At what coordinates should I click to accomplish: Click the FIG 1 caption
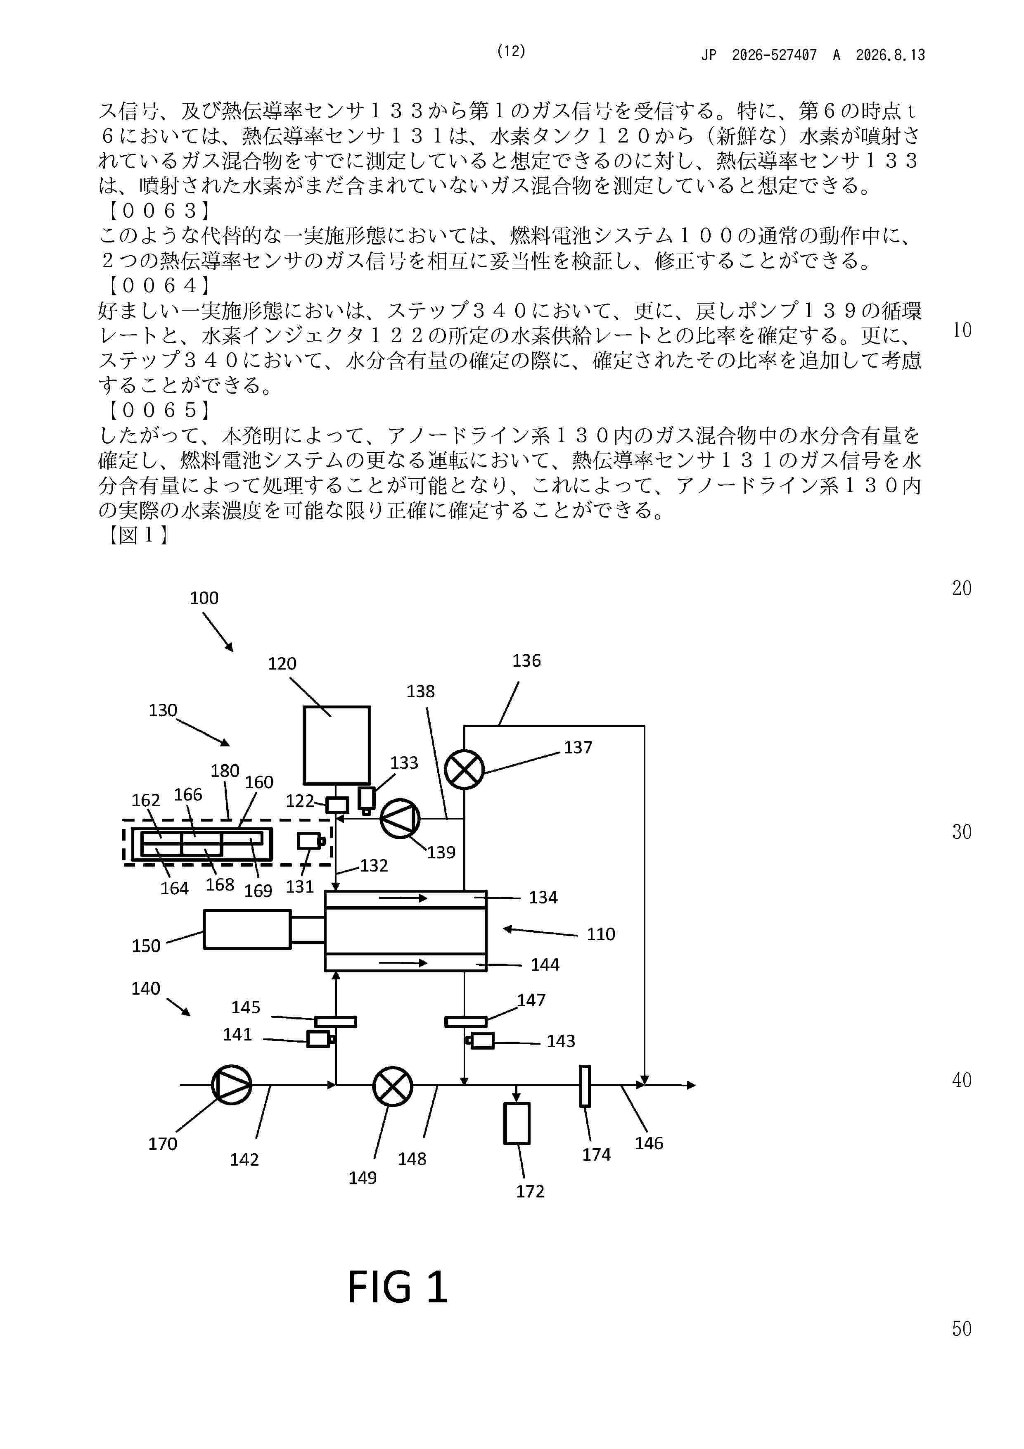398,1287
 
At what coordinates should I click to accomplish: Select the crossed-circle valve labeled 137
465,769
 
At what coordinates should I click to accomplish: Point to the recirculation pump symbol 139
400,819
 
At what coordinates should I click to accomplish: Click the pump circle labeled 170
232,1085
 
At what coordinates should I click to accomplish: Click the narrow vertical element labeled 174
585,1086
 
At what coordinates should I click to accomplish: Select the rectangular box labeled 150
247,929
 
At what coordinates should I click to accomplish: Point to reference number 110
601,934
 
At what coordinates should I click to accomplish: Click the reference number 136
526,661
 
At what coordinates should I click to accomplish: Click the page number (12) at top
511,51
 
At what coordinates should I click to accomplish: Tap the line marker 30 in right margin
962,832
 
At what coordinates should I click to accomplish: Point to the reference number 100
204,598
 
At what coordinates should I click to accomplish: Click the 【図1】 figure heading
137,535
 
